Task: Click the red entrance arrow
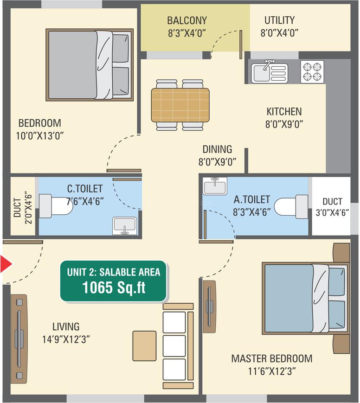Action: [6, 264]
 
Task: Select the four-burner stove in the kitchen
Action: [312, 72]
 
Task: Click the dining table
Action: [180, 105]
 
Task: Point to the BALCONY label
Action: [187, 20]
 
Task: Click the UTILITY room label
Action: [280, 20]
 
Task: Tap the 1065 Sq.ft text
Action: [114, 288]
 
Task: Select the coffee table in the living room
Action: [145, 346]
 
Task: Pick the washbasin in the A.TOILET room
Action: [215, 186]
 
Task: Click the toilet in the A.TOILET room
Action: [291, 207]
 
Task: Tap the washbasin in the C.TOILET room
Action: [125, 226]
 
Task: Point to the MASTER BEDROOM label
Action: [272, 358]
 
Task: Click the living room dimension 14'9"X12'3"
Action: [66, 339]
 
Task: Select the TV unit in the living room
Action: [19, 339]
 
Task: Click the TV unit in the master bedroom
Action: [209, 307]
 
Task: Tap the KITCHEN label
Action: [284, 112]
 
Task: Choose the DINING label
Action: [217, 149]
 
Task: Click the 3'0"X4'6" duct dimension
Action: [332, 212]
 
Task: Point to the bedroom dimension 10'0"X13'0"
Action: [39, 135]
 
